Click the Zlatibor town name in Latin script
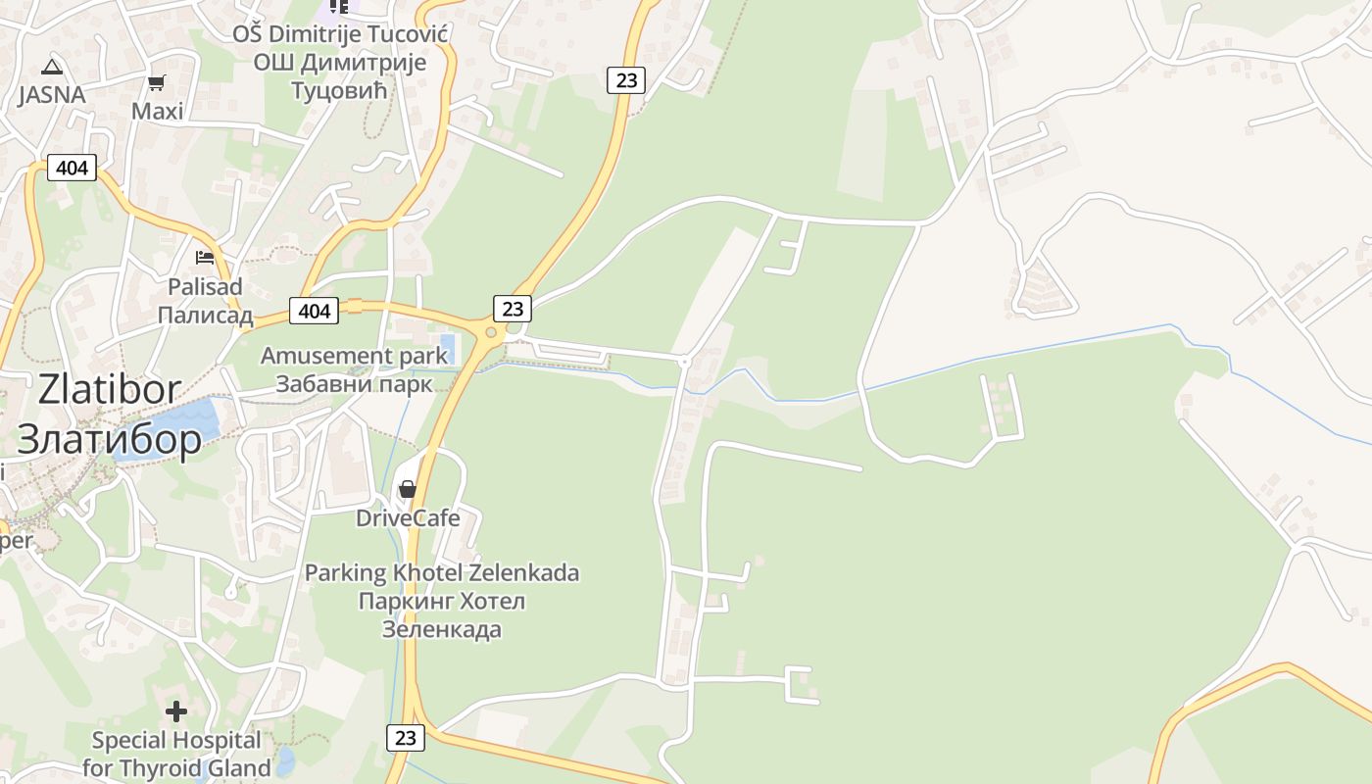110,389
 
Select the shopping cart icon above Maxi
156,83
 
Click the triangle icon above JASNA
52,68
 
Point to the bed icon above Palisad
205,258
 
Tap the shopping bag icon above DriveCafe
408,489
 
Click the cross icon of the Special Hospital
176,711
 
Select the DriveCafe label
408,518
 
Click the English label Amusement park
354,356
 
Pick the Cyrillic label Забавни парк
354,383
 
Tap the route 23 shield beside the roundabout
513,309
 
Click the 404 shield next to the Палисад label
314,312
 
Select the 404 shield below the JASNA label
72,168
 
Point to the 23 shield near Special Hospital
405,738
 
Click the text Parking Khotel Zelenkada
442,572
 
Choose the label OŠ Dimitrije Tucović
340,35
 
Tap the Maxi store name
158,112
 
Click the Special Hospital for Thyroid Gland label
176,754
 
